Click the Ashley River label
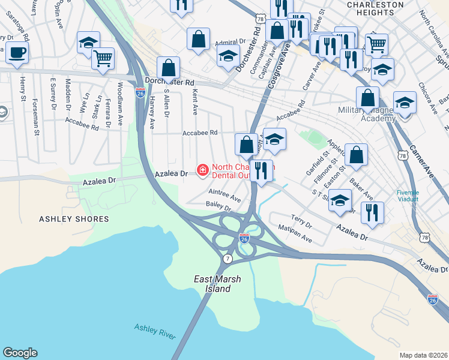click(x=155, y=331)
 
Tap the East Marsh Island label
click(x=212, y=284)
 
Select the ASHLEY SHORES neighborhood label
click(x=74, y=220)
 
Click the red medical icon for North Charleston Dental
click(x=203, y=172)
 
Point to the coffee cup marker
click(x=17, y=52)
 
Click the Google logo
click(x=20, y=353)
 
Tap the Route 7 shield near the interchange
click(x=228, y=259)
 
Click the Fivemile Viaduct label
click(x=410, y=196)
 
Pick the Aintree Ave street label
click(x=224, y=195)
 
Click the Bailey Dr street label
click(x=218, y=206)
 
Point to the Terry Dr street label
click(x=301, y=220)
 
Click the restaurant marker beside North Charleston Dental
click(x=261, y=170)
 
